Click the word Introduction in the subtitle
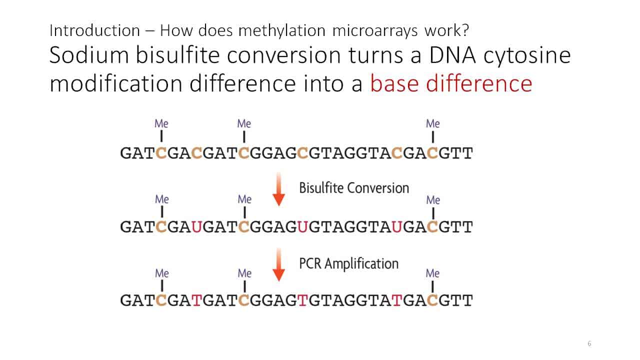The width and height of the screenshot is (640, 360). coord(94,30)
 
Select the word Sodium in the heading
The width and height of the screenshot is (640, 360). coord(89,55)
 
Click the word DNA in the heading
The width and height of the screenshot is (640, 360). coord(452,55)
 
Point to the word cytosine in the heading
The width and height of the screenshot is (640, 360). coord(527,56)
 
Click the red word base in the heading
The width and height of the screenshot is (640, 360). coord(394,83)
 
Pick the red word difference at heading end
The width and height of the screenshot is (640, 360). coord(479,83)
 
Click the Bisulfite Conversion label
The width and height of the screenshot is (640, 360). coord(354,188)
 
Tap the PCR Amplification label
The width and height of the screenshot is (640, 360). coord(348,263)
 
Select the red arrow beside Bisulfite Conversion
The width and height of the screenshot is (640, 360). coord(278,189)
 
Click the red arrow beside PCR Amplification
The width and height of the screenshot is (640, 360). coord(278,264)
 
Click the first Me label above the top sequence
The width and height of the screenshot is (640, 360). coord(161,123)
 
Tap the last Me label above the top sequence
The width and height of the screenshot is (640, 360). coord(433,123)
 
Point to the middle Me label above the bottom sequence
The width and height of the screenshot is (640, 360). coord(244,273)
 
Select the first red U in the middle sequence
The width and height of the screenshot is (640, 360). coord(196,227)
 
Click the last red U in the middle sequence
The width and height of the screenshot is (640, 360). coord(397,227)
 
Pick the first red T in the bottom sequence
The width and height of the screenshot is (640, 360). coord(196,300)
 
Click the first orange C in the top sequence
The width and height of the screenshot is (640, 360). coord(161,153)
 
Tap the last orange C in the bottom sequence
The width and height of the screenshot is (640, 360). coord(432,300)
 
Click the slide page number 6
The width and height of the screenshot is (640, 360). coord(589,343)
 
